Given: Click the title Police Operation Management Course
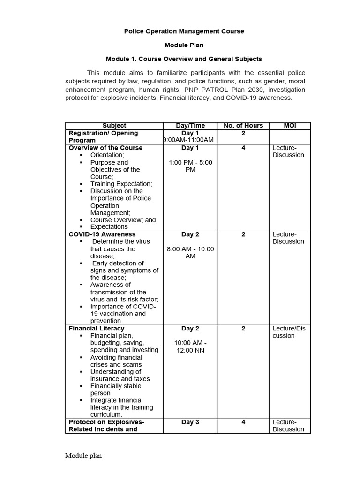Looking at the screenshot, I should [184, 31].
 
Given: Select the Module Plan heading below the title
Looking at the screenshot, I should [184, 45].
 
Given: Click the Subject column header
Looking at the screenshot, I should [114, 126].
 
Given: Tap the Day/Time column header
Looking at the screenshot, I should [190, 126].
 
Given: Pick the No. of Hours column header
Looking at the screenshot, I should [243, 126].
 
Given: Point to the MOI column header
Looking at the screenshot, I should [290, 126].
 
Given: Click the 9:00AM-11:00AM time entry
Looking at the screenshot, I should [188, 140].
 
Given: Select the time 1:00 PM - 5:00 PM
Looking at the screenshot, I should [190, 166].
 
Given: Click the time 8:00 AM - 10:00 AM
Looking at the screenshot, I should [190, 253].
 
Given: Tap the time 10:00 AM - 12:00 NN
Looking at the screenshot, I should [190, 346].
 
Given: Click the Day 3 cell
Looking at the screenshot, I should [190, 422].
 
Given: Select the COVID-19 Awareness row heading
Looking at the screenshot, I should [102, 234].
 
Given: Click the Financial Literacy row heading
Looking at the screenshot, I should [97, 329].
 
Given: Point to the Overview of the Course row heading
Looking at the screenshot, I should [105, 148].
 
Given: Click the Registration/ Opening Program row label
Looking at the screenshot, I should [104, 136].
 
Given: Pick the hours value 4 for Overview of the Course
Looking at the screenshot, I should [243, 148].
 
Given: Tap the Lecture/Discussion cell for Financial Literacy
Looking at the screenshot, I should [289, 332].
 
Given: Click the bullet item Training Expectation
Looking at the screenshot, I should [121, 184].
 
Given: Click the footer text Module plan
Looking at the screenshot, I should [83, 456].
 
